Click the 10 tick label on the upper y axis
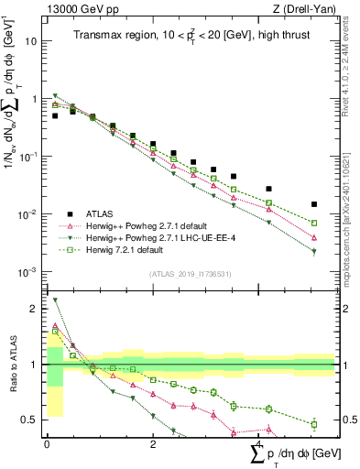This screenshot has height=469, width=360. (32, 41)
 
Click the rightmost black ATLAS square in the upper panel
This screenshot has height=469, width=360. (314, 204)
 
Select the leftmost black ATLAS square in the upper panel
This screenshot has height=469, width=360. (55, 116)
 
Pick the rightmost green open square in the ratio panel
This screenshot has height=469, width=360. (314, 424)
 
